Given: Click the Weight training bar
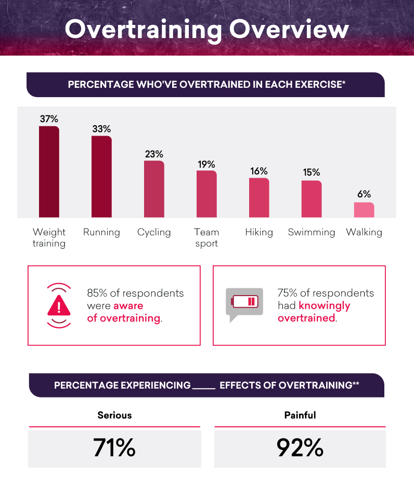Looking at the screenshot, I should [49, 172].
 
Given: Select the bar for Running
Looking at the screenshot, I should [101, 177].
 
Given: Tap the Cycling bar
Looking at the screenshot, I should [154, 189].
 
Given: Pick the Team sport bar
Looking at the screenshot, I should [206, 194].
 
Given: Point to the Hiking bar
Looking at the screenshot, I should [259, 198].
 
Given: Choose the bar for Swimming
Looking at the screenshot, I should [312, 199].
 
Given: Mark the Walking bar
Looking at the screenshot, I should [364, 210].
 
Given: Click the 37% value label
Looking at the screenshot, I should [49, 119].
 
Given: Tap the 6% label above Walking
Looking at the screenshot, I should [364, 194].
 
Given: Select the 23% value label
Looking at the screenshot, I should [154, 154].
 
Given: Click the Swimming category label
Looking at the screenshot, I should [312, 232].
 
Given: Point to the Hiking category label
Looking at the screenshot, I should [259, 232].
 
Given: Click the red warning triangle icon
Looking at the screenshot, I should [59, 305].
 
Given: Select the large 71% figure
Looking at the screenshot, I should [114, 447].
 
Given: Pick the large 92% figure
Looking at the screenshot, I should [300, 447].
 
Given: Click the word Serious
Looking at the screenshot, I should [114, 415].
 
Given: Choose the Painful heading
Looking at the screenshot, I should [300, 415].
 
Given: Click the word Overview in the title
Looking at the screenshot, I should [289, 30].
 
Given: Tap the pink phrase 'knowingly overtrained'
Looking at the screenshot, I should [314, 311].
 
